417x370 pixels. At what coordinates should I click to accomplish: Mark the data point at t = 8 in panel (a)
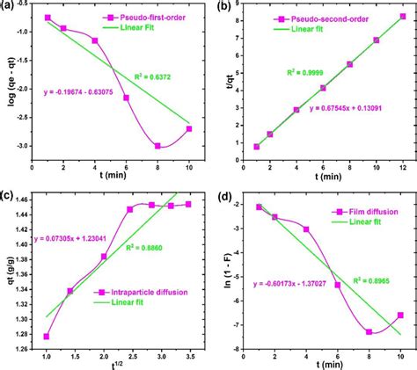point(157,146)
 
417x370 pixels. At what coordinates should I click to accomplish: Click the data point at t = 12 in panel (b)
point(403,16)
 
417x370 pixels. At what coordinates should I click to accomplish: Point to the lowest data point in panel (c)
point(46,337)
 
